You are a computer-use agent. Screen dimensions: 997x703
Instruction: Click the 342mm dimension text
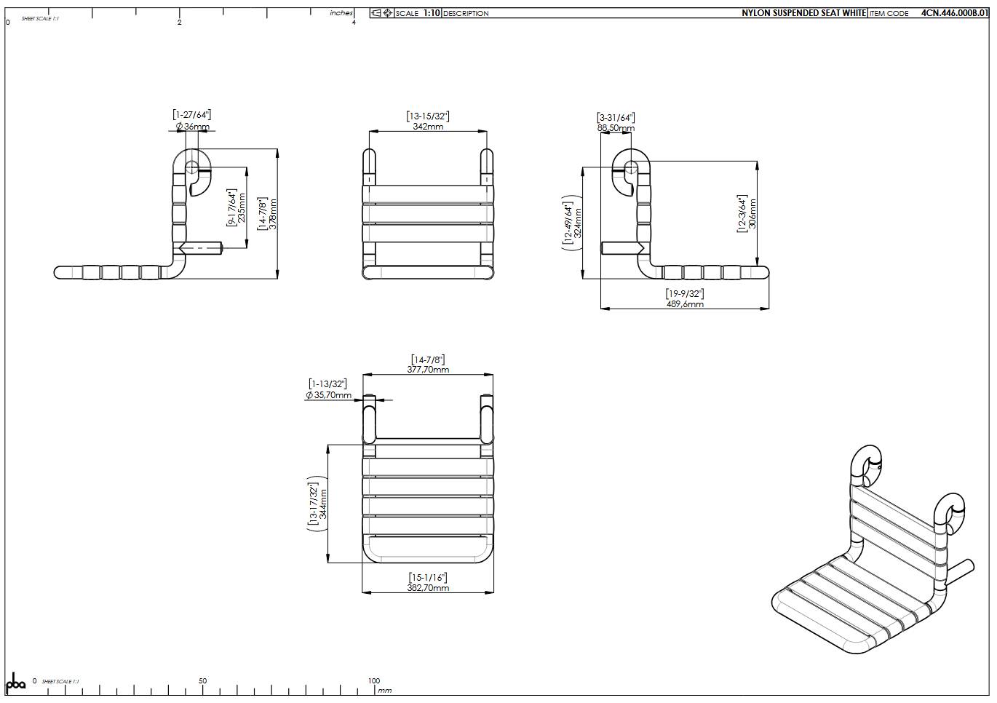pos(428,127)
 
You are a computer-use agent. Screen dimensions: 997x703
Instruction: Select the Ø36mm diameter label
pos(193,127)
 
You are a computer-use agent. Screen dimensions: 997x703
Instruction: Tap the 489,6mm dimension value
pos(685,304)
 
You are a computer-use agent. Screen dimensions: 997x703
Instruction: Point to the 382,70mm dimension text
pos(428,588)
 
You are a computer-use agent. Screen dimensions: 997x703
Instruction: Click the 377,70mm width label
pos(428,370)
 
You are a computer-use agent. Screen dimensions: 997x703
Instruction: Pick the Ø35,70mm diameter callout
pos(328,395)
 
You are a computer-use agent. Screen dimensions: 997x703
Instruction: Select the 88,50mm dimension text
pos(616,128)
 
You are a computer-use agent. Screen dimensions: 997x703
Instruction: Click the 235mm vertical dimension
pos(242,207)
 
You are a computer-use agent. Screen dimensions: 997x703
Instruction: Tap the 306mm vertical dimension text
pos(752,214)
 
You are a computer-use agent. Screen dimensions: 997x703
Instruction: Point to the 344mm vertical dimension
pos(324,504)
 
